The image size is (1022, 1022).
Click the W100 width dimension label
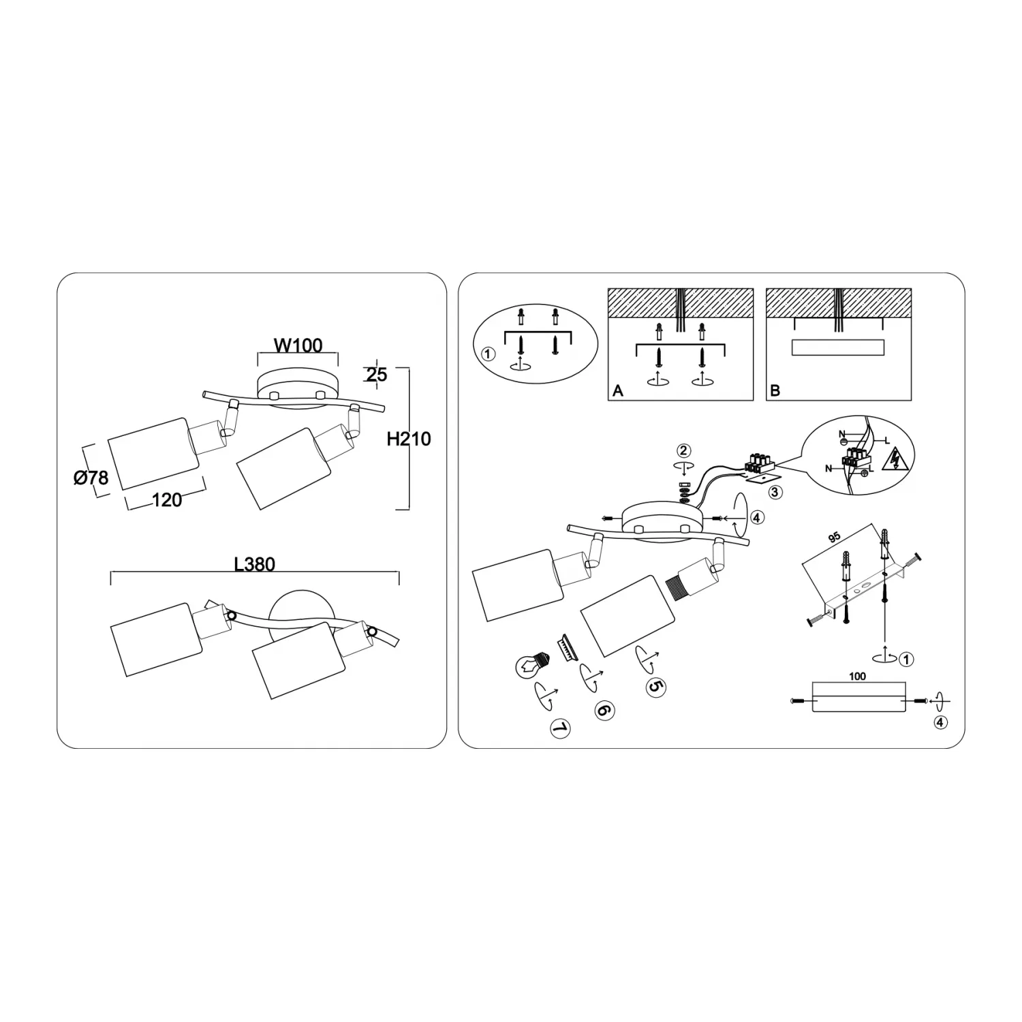click(298, 345)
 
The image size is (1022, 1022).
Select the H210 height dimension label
click(409, 439)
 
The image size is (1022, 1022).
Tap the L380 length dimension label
click(254, 564)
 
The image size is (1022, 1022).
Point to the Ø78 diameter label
click(91, 478)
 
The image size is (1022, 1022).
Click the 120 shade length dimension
click(167, 500)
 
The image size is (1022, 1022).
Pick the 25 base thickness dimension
click(376, 374)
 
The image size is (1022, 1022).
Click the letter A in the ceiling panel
click(618, 391)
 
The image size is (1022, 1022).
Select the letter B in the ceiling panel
click(775, 391)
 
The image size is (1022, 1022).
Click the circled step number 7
click(559, 729)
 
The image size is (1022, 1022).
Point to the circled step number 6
click(604, 710)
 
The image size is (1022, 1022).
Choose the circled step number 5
click(655, 687)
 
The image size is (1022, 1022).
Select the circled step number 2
click(683, 450)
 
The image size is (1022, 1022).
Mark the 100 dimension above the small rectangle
click(858, 677)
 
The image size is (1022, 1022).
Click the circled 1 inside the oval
click(488, 354)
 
